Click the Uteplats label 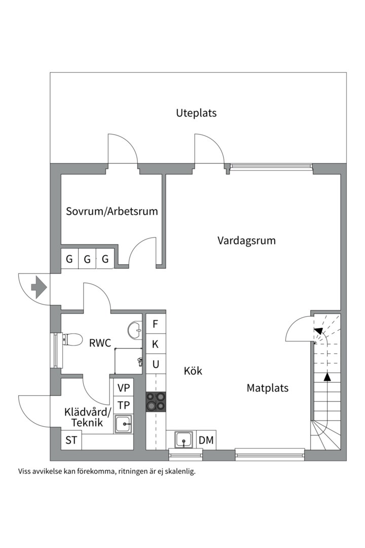[196, 113]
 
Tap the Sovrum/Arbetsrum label [112, 211]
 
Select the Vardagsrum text [246, 241]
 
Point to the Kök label [193, 371]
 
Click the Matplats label [267, 388]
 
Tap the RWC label [100, 344]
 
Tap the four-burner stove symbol [156, 401]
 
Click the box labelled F [156, 324]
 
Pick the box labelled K [156, 344]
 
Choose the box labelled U [156, 364]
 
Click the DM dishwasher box [206, 440]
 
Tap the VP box [123, 388]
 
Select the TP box [123, 405]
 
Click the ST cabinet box [71, 440]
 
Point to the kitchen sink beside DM [183, 440]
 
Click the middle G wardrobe [87, 259]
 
